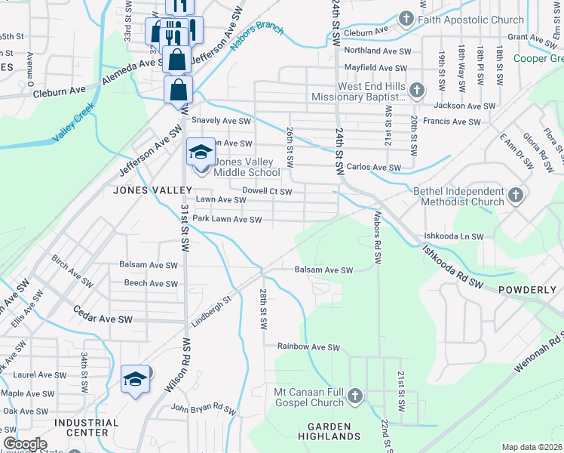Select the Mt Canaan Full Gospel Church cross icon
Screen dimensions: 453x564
click(355, 396)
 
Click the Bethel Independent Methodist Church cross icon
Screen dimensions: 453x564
click(516, 196)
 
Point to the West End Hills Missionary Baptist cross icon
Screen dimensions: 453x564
click(417, 92)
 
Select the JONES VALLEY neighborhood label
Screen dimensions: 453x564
click(143, 190)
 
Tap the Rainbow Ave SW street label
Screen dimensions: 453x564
click(308, 347)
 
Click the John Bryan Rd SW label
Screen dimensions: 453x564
click(204, 408)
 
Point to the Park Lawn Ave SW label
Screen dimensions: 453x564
click(227, 220)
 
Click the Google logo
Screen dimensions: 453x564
click(25, 444)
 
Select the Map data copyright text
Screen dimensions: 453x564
click(532, 447)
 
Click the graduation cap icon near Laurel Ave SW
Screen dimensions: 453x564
click(135, 380)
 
